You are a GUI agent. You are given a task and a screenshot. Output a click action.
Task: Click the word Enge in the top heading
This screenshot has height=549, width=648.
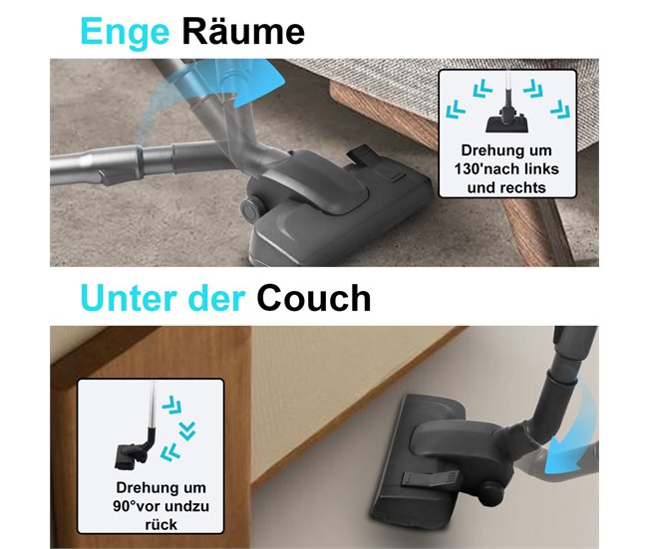125,32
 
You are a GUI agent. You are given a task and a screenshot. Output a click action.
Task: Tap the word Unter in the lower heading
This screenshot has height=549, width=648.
131,298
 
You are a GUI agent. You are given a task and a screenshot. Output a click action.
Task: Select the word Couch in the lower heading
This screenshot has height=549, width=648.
314,298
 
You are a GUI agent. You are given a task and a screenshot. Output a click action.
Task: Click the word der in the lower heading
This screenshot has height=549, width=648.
217,298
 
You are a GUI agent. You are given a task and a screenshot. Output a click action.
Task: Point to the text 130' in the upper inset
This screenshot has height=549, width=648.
471,169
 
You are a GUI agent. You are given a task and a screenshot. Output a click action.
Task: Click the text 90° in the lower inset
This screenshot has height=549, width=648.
125,506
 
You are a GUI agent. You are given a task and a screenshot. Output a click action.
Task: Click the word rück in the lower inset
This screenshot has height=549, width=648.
161,525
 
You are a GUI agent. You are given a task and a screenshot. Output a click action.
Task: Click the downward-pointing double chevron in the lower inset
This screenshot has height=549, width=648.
187,431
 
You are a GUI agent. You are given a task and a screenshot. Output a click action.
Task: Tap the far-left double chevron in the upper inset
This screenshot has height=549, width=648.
456,109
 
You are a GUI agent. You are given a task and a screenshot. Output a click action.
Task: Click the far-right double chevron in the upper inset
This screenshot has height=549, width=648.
560,109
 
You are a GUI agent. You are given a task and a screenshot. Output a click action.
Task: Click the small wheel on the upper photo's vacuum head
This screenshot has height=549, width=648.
249,209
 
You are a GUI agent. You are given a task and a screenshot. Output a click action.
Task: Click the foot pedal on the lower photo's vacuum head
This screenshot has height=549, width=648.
430,478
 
